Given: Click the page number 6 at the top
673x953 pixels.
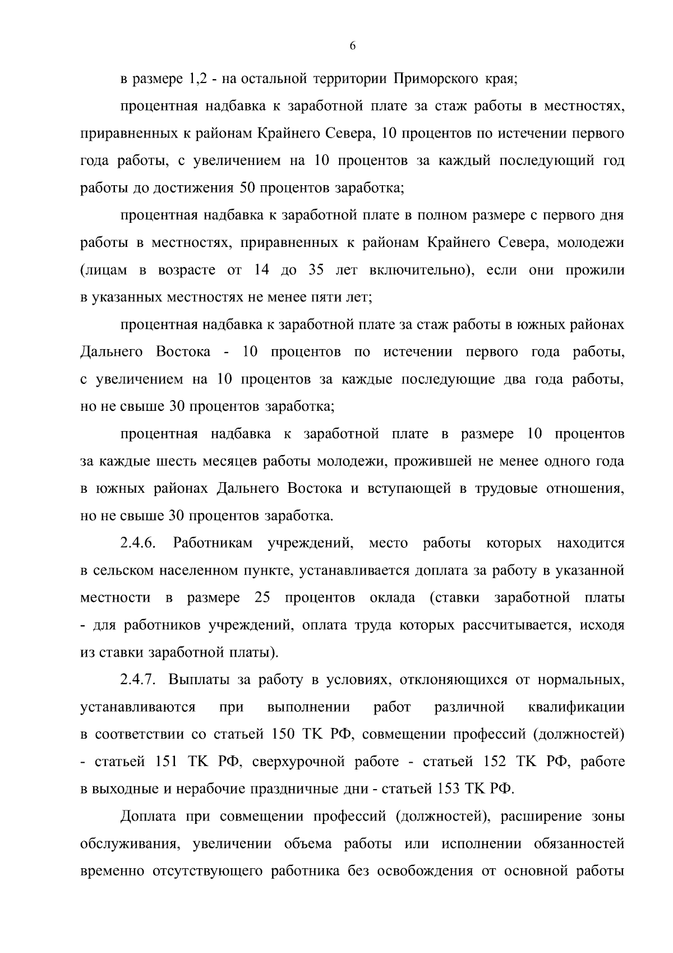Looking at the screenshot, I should (x=352, y=46).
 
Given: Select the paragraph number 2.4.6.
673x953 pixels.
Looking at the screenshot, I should (x=137, y=543).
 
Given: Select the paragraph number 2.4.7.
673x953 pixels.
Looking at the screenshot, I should (x=137, y=680).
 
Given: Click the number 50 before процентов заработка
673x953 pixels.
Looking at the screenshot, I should (x=247, y=188).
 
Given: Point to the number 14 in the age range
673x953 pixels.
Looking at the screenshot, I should (x=262, y=270).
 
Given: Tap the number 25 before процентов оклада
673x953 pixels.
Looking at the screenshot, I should (x=262, y=598).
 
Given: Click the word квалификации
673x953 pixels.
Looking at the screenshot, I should (x=576, y=707).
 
